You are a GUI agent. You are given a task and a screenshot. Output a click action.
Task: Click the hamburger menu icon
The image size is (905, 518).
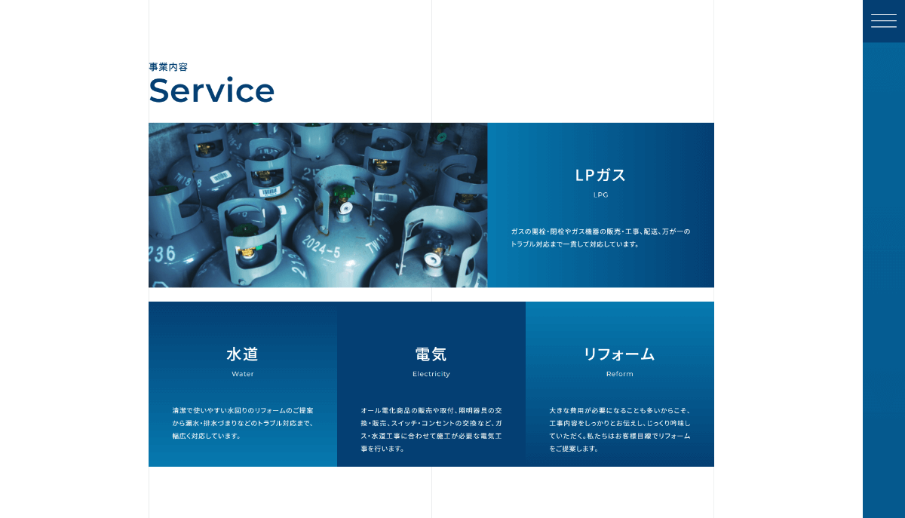884,21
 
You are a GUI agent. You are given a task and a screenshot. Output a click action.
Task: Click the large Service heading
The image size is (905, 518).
212,90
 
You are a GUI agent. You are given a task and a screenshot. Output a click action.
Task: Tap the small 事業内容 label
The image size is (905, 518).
168,67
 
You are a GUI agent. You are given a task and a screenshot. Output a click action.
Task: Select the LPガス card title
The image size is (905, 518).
600,176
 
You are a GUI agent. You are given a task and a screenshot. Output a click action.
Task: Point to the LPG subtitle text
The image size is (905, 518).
601,195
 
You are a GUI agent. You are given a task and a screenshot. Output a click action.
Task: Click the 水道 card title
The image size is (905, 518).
242,354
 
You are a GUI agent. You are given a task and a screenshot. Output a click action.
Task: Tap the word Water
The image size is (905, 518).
242,374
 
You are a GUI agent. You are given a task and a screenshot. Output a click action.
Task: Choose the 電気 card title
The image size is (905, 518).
431,354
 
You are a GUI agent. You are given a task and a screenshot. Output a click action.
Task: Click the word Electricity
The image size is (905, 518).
431,374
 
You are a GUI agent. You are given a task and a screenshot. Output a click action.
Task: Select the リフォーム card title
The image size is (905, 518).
619,354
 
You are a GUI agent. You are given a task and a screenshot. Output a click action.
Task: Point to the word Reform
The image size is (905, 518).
619,374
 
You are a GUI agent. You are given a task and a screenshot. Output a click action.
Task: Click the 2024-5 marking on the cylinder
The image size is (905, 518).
321,247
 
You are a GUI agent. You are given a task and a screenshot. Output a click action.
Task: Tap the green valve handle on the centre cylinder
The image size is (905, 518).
342,194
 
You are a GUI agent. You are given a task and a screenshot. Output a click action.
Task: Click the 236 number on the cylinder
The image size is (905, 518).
161,254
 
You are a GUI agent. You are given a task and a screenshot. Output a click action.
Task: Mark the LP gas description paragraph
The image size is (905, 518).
600,238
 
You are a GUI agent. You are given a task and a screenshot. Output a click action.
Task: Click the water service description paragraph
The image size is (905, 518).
242,423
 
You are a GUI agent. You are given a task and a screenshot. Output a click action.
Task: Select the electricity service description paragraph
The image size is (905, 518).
431,430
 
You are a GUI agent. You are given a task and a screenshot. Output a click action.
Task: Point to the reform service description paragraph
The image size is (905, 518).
619,430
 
